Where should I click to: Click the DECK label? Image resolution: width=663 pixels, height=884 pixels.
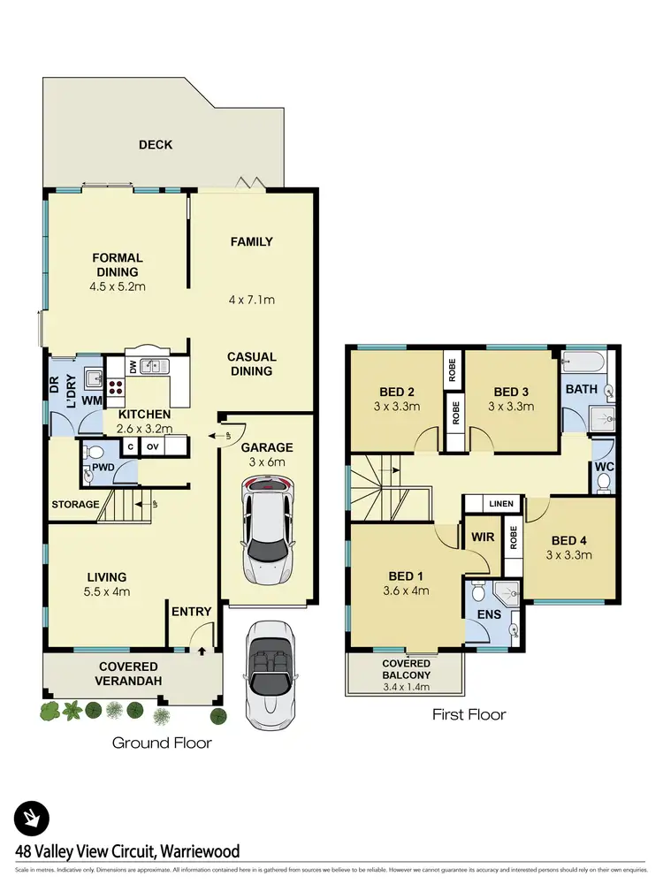tap(156, 145)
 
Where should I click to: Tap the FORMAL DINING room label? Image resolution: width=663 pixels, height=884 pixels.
tap(118, 265)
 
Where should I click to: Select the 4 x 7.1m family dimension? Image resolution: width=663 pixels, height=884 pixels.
tap(252, 300)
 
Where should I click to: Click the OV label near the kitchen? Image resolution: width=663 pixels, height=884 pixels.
tap(151, 447)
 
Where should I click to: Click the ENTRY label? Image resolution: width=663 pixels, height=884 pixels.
tap(191, 612)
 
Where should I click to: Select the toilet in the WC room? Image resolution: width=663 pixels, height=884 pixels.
tap(605, 482)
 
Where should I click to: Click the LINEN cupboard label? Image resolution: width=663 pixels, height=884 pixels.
tap(500, 504)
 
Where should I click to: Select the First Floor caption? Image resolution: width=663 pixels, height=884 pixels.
tap(469, 713)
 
